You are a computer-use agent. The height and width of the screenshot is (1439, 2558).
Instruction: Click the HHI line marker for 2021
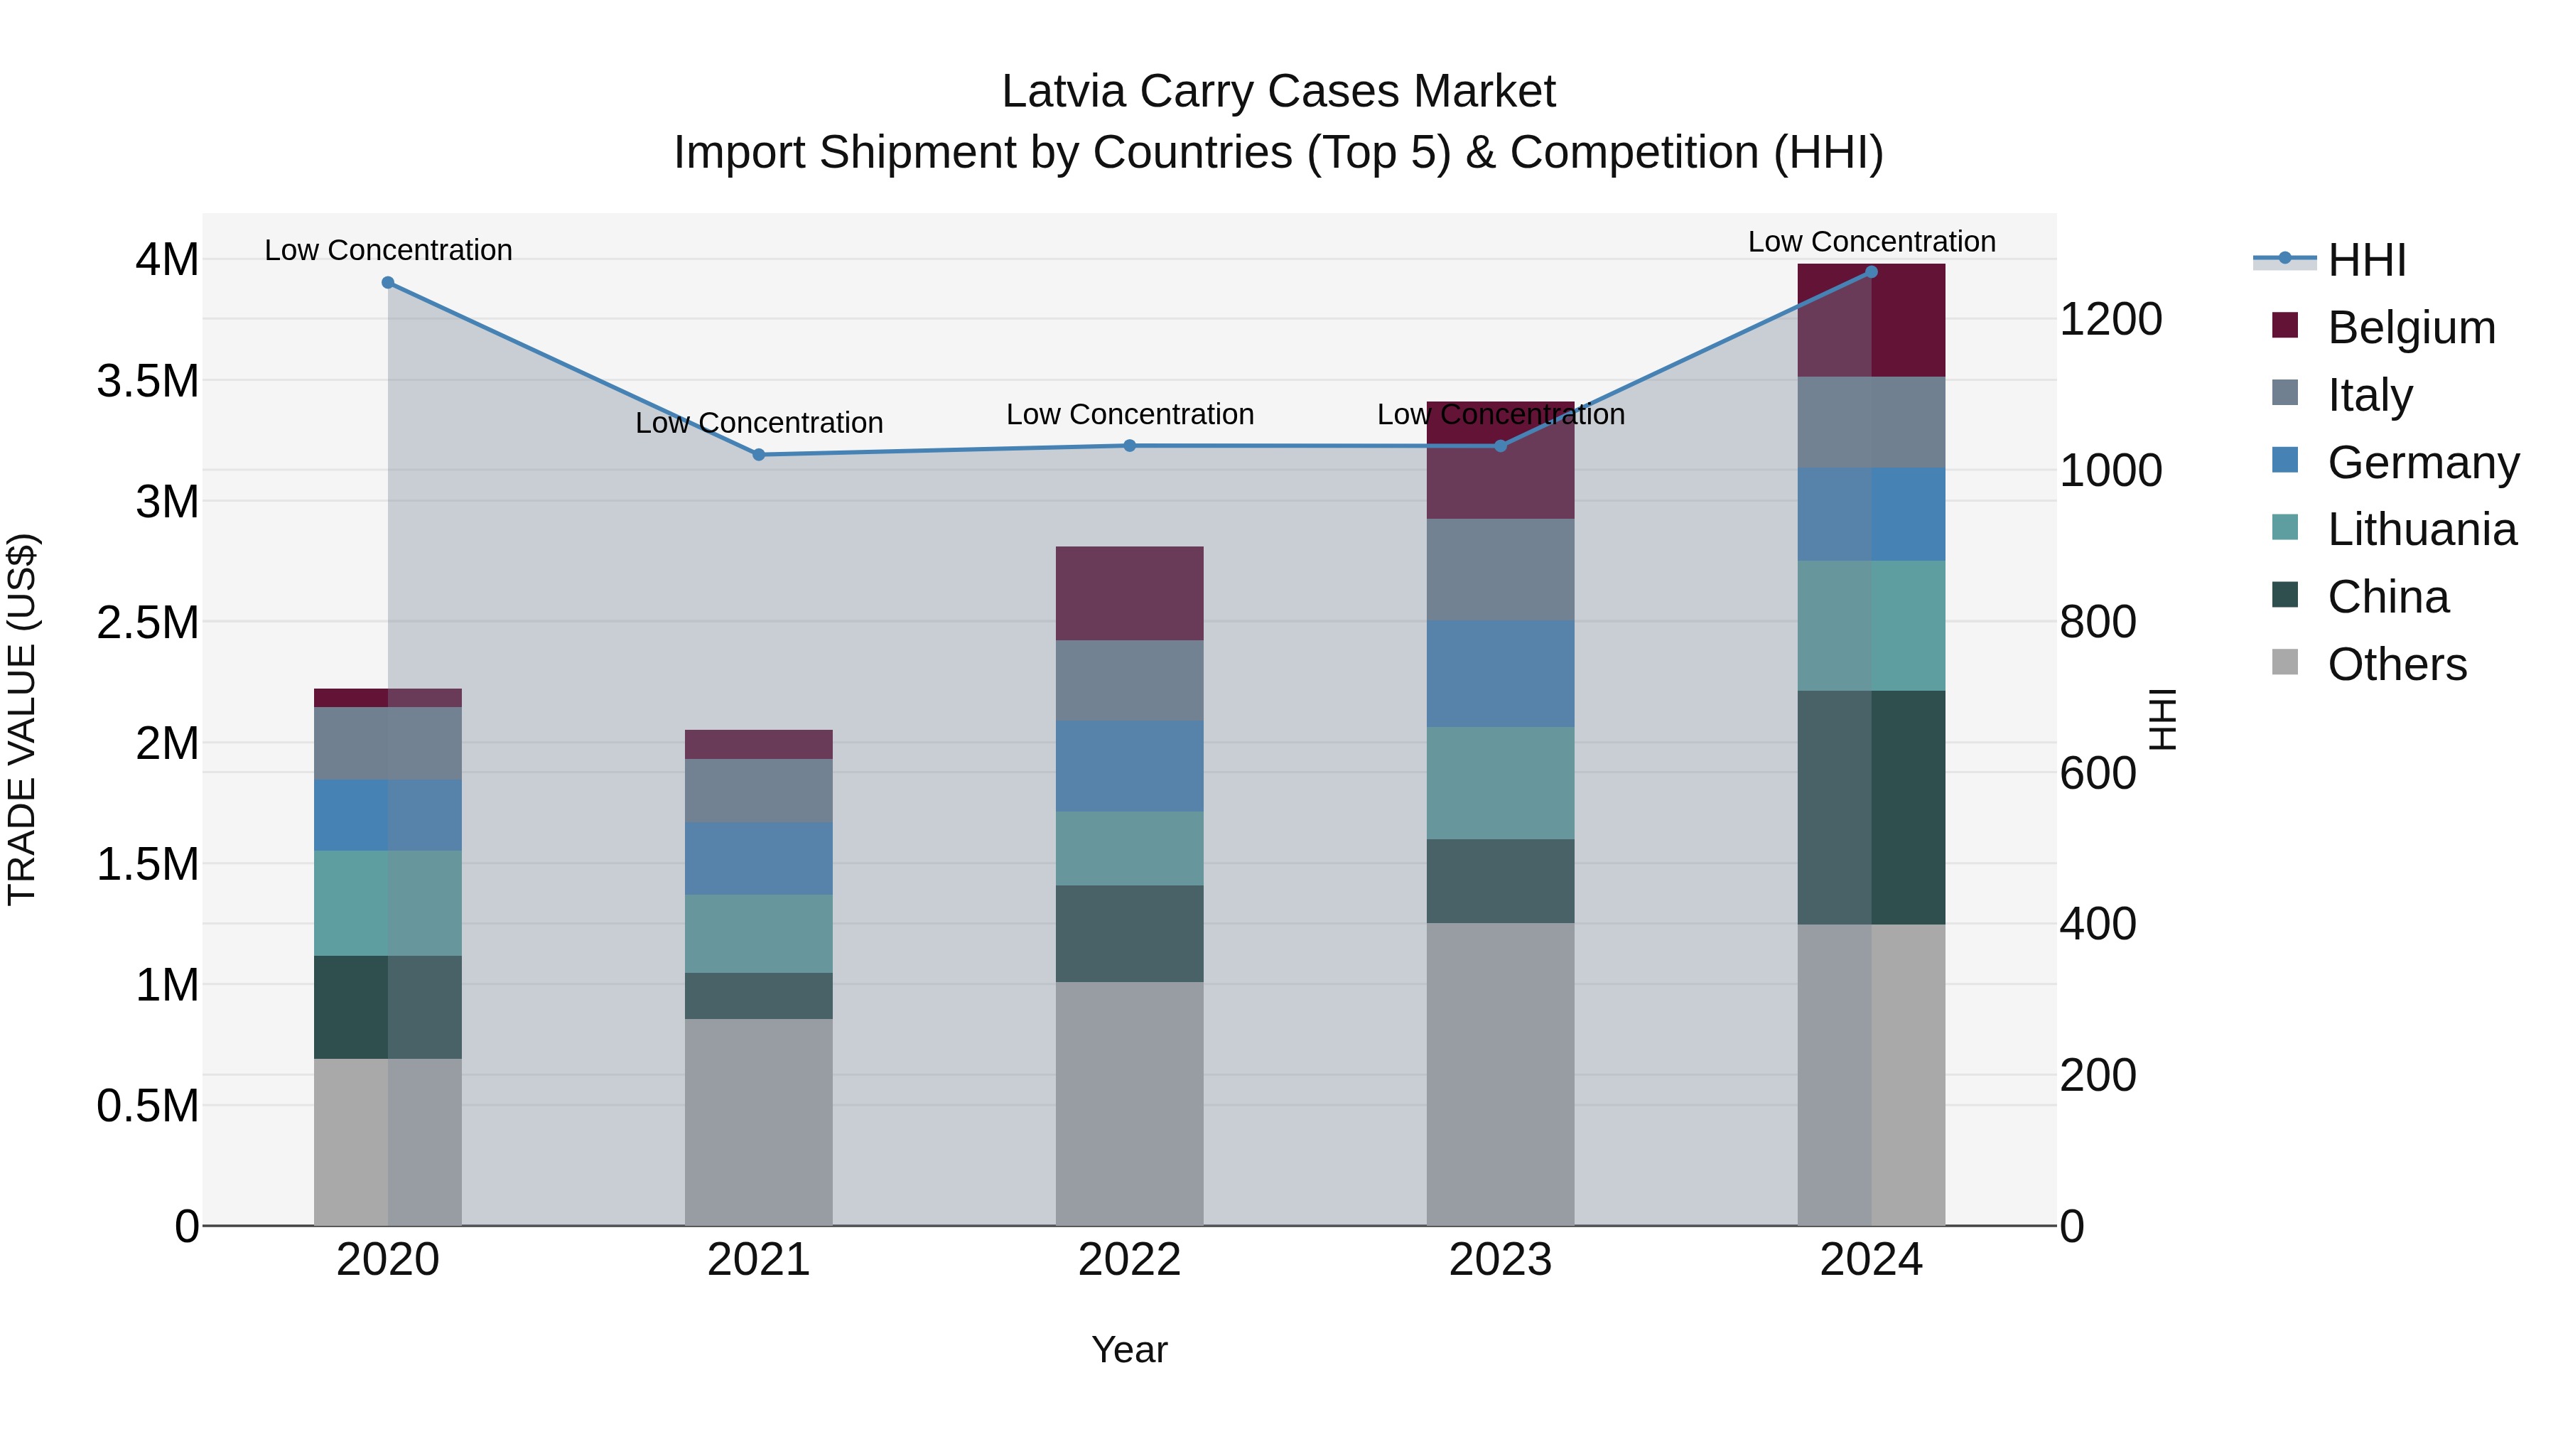click(759, 455)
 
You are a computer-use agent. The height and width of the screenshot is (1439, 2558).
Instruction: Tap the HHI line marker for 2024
click(1871, 272)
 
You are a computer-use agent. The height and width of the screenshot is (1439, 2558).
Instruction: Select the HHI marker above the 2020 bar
click(388, 283)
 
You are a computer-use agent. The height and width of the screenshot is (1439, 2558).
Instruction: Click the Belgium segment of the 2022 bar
click(1129, 593)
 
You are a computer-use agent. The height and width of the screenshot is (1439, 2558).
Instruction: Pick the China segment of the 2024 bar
click(1871, 807)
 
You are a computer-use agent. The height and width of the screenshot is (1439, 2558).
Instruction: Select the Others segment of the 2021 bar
click(759, 1122)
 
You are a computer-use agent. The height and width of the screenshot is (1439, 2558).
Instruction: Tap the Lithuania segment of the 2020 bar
click(388, 902)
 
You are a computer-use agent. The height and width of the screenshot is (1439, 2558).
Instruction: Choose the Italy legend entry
click(2368, 395)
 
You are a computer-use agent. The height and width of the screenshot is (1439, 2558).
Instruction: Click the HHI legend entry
click(2366, 260)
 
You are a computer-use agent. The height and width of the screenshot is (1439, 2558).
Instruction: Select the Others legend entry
click(2395, 664)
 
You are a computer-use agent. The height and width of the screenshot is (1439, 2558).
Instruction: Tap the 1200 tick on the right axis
click(2110, 320)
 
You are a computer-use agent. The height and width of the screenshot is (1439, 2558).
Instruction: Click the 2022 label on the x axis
click(1129, 1260)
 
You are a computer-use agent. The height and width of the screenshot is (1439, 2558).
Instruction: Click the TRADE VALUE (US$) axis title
click(22, 719)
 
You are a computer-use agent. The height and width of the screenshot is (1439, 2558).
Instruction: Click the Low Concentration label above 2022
click(1129, 414)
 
